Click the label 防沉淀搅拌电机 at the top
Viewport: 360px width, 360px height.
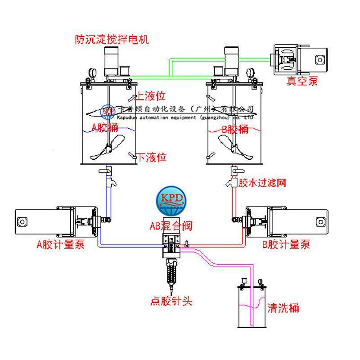(112, 40)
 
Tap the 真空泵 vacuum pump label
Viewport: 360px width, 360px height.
(301, 81)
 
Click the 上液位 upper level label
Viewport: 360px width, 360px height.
(151, 96)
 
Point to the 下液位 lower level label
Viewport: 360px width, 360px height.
(152, 157)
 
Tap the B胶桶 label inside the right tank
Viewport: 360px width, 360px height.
(235, 130)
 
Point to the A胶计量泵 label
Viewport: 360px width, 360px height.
(60, 245)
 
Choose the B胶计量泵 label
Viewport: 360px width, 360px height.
(286, 245)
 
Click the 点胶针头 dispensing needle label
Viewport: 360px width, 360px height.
(171, 301)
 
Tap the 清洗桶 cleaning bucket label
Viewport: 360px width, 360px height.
(283, 308)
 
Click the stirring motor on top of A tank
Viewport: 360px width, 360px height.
(111, 61)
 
